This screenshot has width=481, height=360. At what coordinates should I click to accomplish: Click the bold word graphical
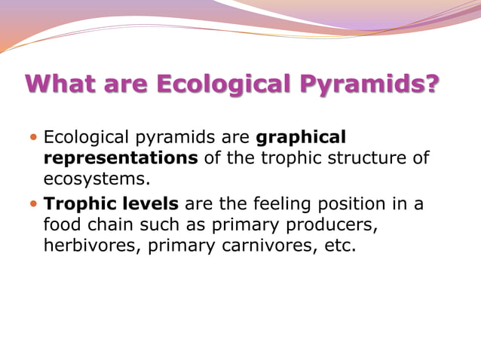tap(302, 138)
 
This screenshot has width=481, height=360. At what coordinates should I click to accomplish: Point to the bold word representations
tap(121, 158)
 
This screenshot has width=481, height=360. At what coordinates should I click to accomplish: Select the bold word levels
tap(150, 204)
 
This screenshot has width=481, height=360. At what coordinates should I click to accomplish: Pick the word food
tap(63, 224)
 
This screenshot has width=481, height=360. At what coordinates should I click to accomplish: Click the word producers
tap(335, 224)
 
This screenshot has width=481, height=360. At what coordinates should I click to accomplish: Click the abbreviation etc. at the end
tap(336, 246)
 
